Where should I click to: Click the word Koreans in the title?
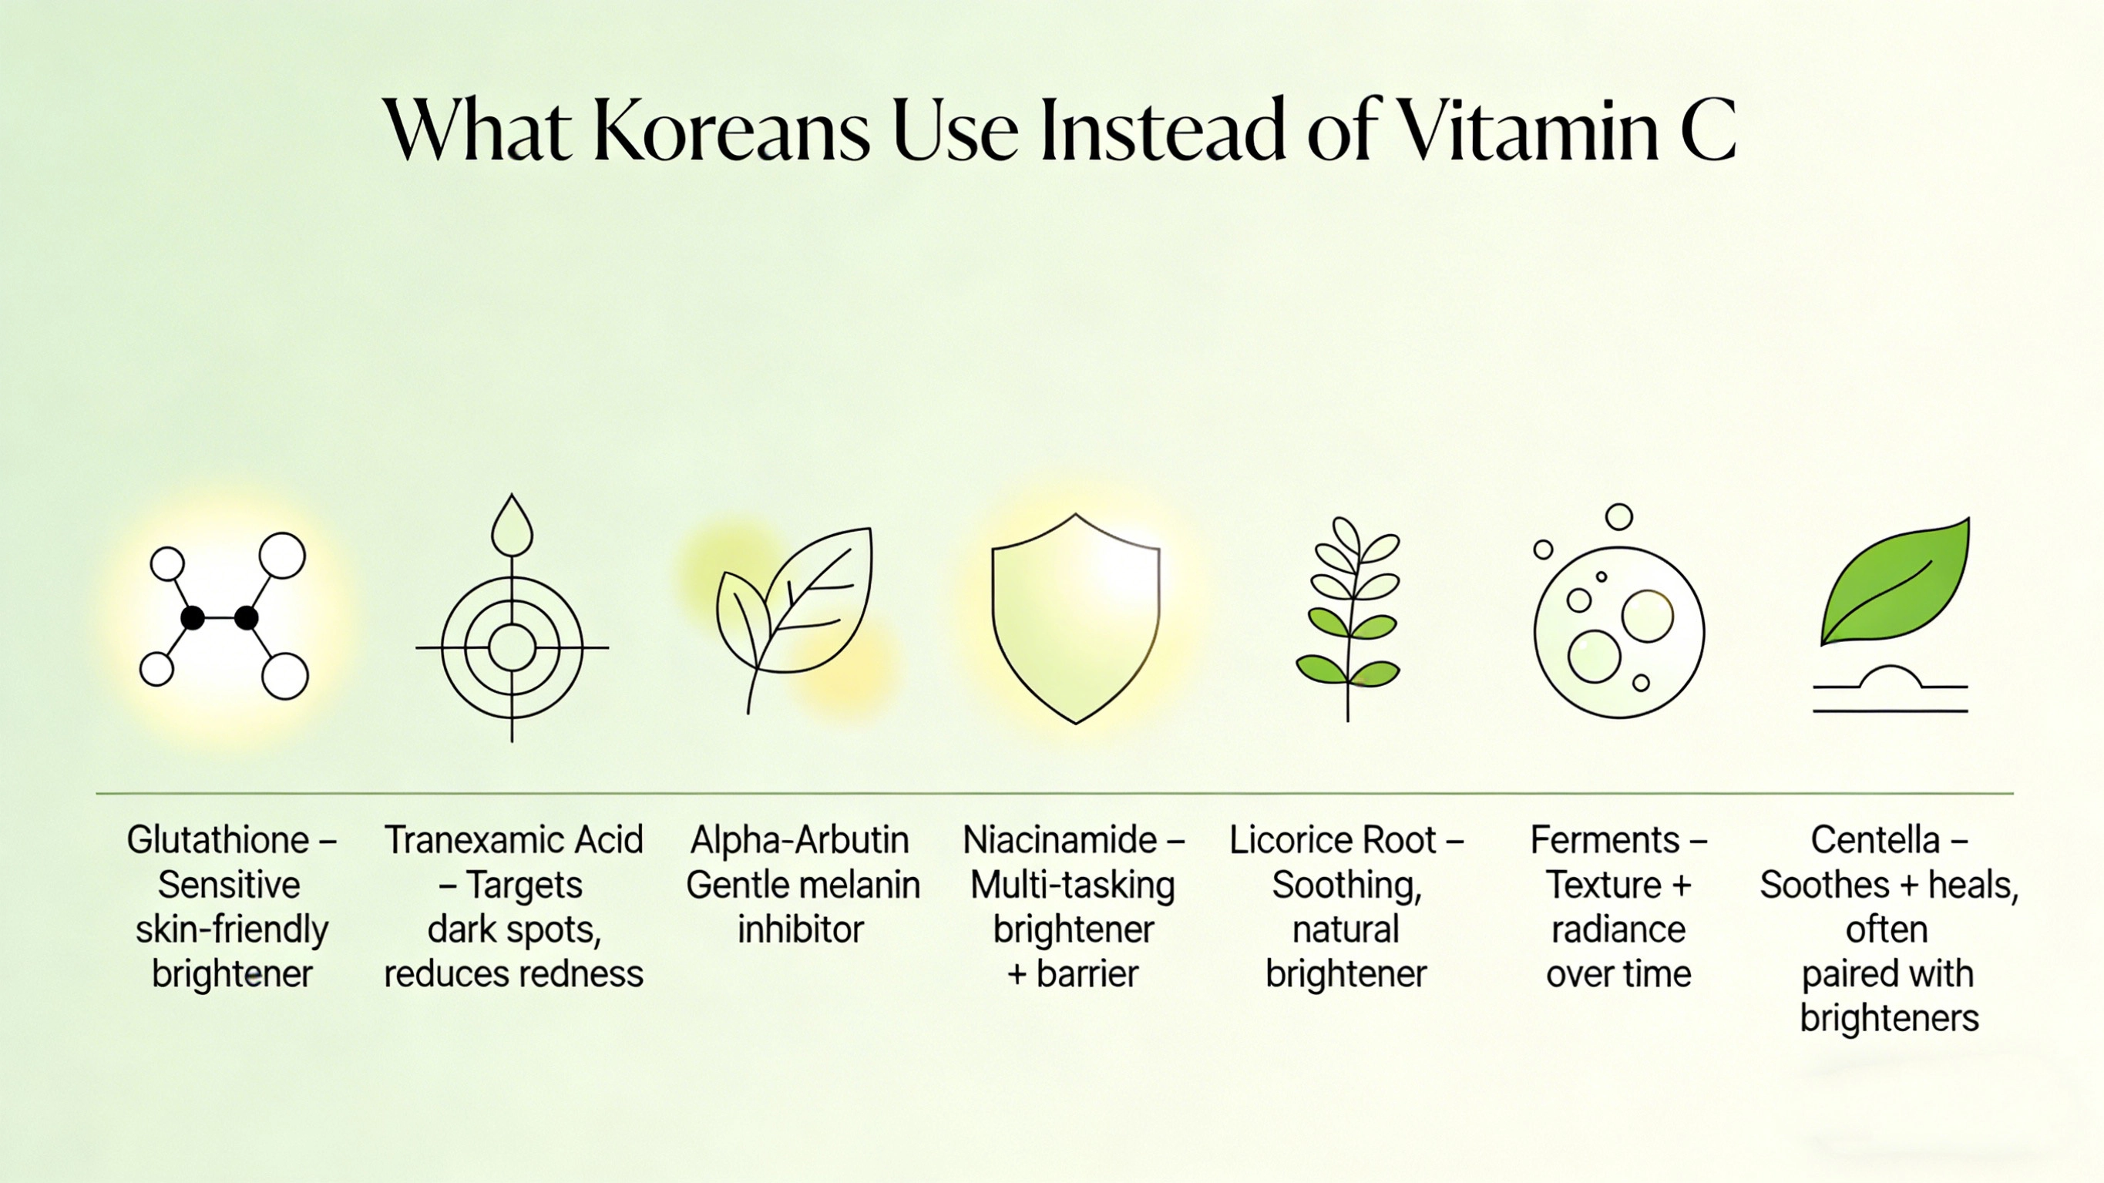pyautogui.click(x=732, y=131)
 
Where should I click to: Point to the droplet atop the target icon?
pyautogui.click(x=512, y=527)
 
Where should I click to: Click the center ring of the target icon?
pyautogui.click(x=512, y=648)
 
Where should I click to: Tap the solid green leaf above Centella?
pyautogui.click(x=1896, y=584)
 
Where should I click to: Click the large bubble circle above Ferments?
pyautogui.click(x=1618, y=634)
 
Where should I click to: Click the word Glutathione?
pyautogui.click(x=218, y=841)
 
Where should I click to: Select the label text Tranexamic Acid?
pyautogui.click(x=514, y=841)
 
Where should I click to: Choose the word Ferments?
pyautogui.click(x=1604, y=841)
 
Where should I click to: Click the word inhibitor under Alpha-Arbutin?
pyautogui.click(x=801, y=929)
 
